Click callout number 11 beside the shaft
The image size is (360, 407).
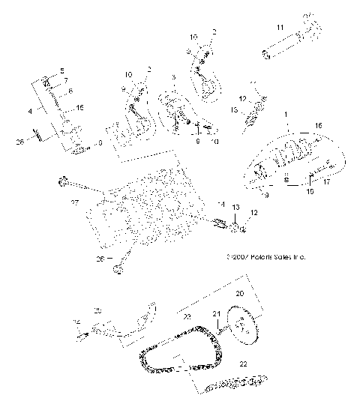click(279, 28)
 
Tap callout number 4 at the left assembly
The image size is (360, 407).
click(31, 110)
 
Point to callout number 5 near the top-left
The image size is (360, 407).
click(62, 70)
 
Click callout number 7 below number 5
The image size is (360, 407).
click(65, 79)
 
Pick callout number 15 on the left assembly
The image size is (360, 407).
click(80, 108)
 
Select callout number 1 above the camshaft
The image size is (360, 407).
click(284, 113)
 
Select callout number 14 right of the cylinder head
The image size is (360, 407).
click(221, 205)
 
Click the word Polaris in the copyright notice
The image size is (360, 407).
click(260, 256)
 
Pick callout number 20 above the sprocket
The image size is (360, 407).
click(240, 295)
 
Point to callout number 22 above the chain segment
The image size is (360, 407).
click(241, 364)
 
